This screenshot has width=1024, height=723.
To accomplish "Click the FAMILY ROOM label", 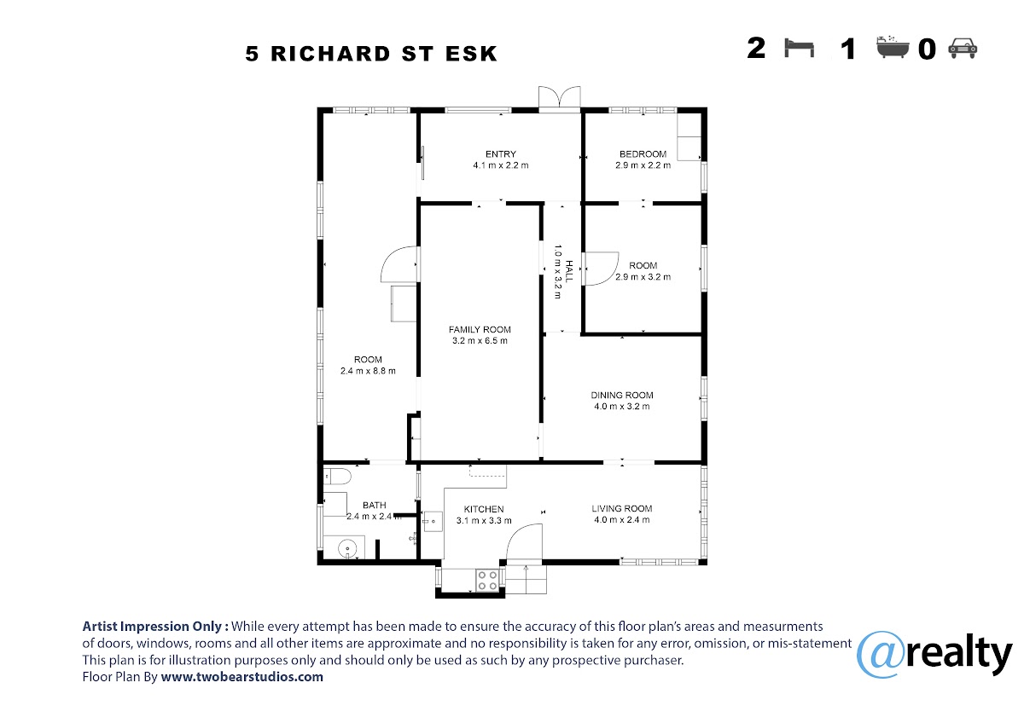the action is point(480,329).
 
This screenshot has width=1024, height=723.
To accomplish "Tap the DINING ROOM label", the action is point(622,395).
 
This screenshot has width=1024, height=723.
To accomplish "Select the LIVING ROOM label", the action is point(622,509).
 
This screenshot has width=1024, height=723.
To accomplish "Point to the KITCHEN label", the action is point(484,509).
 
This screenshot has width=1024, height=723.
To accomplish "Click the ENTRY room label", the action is point(501,154).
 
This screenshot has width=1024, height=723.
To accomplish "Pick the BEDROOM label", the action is point(643,154).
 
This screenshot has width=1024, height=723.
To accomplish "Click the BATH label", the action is point(374,506).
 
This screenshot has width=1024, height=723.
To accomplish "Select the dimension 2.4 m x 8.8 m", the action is point(368,371).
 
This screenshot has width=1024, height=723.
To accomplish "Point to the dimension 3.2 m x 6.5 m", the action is point(480,341).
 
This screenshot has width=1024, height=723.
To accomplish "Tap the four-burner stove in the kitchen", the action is point(488,581).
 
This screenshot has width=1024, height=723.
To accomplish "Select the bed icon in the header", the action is point(800,49).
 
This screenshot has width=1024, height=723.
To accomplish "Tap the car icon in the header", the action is point(961,49).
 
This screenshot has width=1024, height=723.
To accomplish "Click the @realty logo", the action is point(934,655).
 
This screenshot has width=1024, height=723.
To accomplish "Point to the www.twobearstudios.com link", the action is point(242,677).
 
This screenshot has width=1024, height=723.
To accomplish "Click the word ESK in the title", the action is point(469,54).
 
